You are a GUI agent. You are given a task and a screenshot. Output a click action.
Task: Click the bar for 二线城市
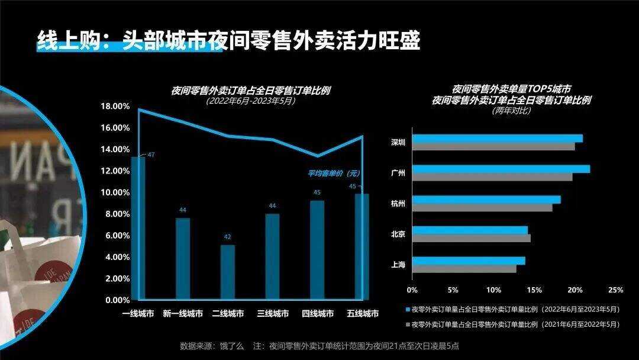(x=228, y=272)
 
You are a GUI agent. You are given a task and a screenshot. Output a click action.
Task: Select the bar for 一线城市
(x=138, y=228)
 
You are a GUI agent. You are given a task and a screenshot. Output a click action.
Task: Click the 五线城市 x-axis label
(x=362, y=314)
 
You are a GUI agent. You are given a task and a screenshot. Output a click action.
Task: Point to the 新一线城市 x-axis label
(x=183, y=314)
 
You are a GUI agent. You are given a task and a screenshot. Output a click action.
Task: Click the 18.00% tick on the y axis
(x=117, y=107)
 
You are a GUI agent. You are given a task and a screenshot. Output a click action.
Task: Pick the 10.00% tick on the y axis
(x=117, y=192)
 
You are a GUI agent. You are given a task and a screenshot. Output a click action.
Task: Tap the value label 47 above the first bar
(x=151, y=155)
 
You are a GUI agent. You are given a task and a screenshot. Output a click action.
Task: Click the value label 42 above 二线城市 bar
(x=228, y=237)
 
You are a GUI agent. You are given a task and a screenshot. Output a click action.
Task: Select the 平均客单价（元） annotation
(x=334, y=173)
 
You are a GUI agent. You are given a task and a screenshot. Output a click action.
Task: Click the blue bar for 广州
(x=501, y=169)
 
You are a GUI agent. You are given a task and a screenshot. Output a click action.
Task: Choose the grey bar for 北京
(x=471, y=238)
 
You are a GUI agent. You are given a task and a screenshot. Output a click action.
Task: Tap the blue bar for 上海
(x=469, y=261)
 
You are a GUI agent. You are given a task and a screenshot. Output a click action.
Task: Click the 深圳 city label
(x=398, y=143)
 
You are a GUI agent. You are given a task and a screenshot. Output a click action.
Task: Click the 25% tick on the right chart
(x=615, y=290)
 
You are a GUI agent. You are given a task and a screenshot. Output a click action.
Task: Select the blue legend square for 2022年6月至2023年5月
(x=407, y=309)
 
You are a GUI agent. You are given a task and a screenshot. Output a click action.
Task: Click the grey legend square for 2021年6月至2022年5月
(x=407, y=324)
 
